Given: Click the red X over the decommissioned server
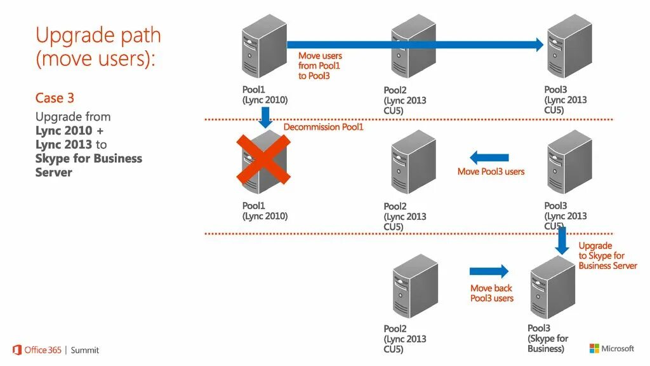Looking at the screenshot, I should click(263, 159).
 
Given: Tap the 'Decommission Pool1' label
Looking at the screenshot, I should click(323, 127).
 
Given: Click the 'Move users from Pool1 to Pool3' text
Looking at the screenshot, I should click(320, 66).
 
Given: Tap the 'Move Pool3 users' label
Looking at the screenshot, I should click(491, 172).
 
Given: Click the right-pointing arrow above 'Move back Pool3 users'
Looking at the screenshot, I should click(489, 271).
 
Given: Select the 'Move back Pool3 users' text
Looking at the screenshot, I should click(492, 293).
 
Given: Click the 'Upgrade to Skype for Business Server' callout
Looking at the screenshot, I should click(607, 255).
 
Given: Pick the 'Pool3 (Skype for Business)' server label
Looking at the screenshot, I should click(548, 339).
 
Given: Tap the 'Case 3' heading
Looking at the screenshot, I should click(55, 98).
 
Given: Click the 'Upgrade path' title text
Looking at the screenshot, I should click(98, 36).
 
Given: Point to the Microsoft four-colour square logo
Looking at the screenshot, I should click(594, 348).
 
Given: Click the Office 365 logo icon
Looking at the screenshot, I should click(17, 349).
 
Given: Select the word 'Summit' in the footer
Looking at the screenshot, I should click(85, 350).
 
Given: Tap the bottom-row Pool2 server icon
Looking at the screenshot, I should click(415, 287).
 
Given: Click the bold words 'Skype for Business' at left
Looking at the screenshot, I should click(89, 158).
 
